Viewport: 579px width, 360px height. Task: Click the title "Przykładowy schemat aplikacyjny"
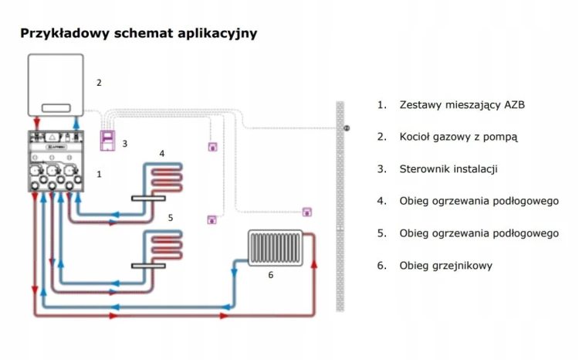(x=138, y=33)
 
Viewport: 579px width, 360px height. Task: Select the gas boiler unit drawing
(x=56, y=85)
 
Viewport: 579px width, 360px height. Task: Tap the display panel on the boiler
(x=56, y=108)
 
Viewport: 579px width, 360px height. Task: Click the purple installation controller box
(x=107, y=141)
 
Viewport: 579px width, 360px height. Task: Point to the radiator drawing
(x=276, y=248)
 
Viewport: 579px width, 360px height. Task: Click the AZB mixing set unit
(x=56, y=161)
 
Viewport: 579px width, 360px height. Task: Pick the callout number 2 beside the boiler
(x=99, y=83)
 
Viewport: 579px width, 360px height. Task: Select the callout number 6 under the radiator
(x=271, y=275)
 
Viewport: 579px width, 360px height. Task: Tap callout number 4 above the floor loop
(x=162, y=154)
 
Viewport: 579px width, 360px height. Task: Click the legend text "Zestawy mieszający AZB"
(x=462, y=105)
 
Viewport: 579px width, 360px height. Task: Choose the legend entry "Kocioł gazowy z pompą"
(x=459, y=138)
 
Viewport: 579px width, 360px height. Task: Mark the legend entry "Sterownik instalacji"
(x=449, y=169)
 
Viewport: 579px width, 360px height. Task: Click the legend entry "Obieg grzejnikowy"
(x=445, y=266)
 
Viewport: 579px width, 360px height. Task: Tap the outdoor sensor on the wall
(x=347, y=128)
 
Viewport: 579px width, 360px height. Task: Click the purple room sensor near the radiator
(x=306, y=212)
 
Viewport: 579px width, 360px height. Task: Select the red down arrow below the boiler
(x=36, y=122)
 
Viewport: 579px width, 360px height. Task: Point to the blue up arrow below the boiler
(x=76, y=122)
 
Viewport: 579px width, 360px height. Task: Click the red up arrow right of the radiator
(x=314, y=263)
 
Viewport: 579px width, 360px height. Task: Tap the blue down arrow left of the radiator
(x=234, y=273)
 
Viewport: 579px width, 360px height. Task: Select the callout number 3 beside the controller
(x=125, y=144)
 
